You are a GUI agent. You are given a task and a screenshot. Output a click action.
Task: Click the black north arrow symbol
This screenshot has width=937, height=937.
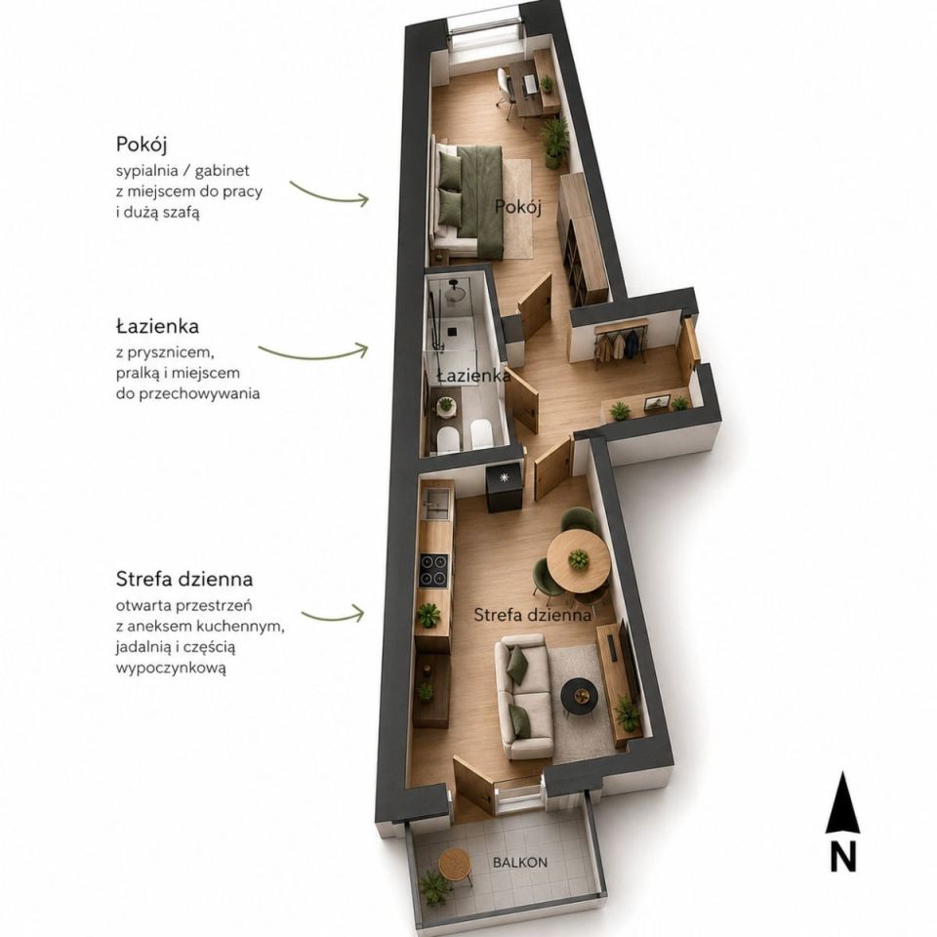pos(842,803)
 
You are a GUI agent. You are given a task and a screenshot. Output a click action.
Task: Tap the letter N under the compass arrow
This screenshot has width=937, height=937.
pos(843,856)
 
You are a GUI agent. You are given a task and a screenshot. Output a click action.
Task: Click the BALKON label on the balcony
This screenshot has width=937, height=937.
pos(520,862)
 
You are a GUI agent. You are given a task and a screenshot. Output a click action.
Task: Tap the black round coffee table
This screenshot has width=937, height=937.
pos(580,696)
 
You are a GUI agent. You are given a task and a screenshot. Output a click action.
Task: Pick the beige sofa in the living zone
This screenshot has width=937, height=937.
pos(526,697)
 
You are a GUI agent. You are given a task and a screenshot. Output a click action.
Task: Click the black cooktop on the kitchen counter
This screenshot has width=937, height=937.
pos(433,569)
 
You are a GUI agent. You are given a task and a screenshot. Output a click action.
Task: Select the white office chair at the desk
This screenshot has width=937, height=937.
pos(506,90)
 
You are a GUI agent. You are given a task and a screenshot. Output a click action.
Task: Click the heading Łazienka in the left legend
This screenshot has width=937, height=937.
pos(158,327)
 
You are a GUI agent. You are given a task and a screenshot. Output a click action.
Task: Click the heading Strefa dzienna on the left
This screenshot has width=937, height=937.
pos(184,579)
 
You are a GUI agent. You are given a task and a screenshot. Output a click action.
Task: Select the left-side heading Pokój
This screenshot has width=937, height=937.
pos(142,145)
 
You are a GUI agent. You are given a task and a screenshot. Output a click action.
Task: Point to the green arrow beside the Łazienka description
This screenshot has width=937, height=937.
pos(313,352)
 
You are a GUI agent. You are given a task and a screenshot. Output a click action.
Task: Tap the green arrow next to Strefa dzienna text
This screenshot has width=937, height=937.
pos(333,614)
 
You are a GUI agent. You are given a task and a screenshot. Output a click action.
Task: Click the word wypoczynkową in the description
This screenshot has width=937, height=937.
pos(172,668)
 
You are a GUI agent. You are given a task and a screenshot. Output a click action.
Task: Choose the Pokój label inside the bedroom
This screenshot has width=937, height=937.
pos(518,208)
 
